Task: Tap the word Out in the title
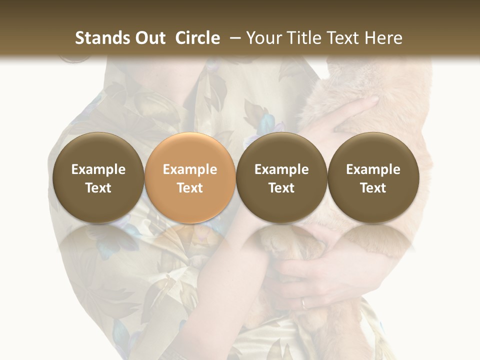(148, 38)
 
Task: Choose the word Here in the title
(384, 38)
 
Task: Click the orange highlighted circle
(190, 177)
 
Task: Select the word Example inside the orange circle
(190, 169)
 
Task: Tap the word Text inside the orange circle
(190, 188)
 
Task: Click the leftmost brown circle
(98, 177)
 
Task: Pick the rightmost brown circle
(373, 177)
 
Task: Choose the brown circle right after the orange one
(281, 177)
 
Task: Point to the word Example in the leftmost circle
(98, 169)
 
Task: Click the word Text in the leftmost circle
(98, 188)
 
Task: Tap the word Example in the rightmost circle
(373, 169)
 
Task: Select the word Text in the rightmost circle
(373, 188)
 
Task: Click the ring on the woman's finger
(304, 303)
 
